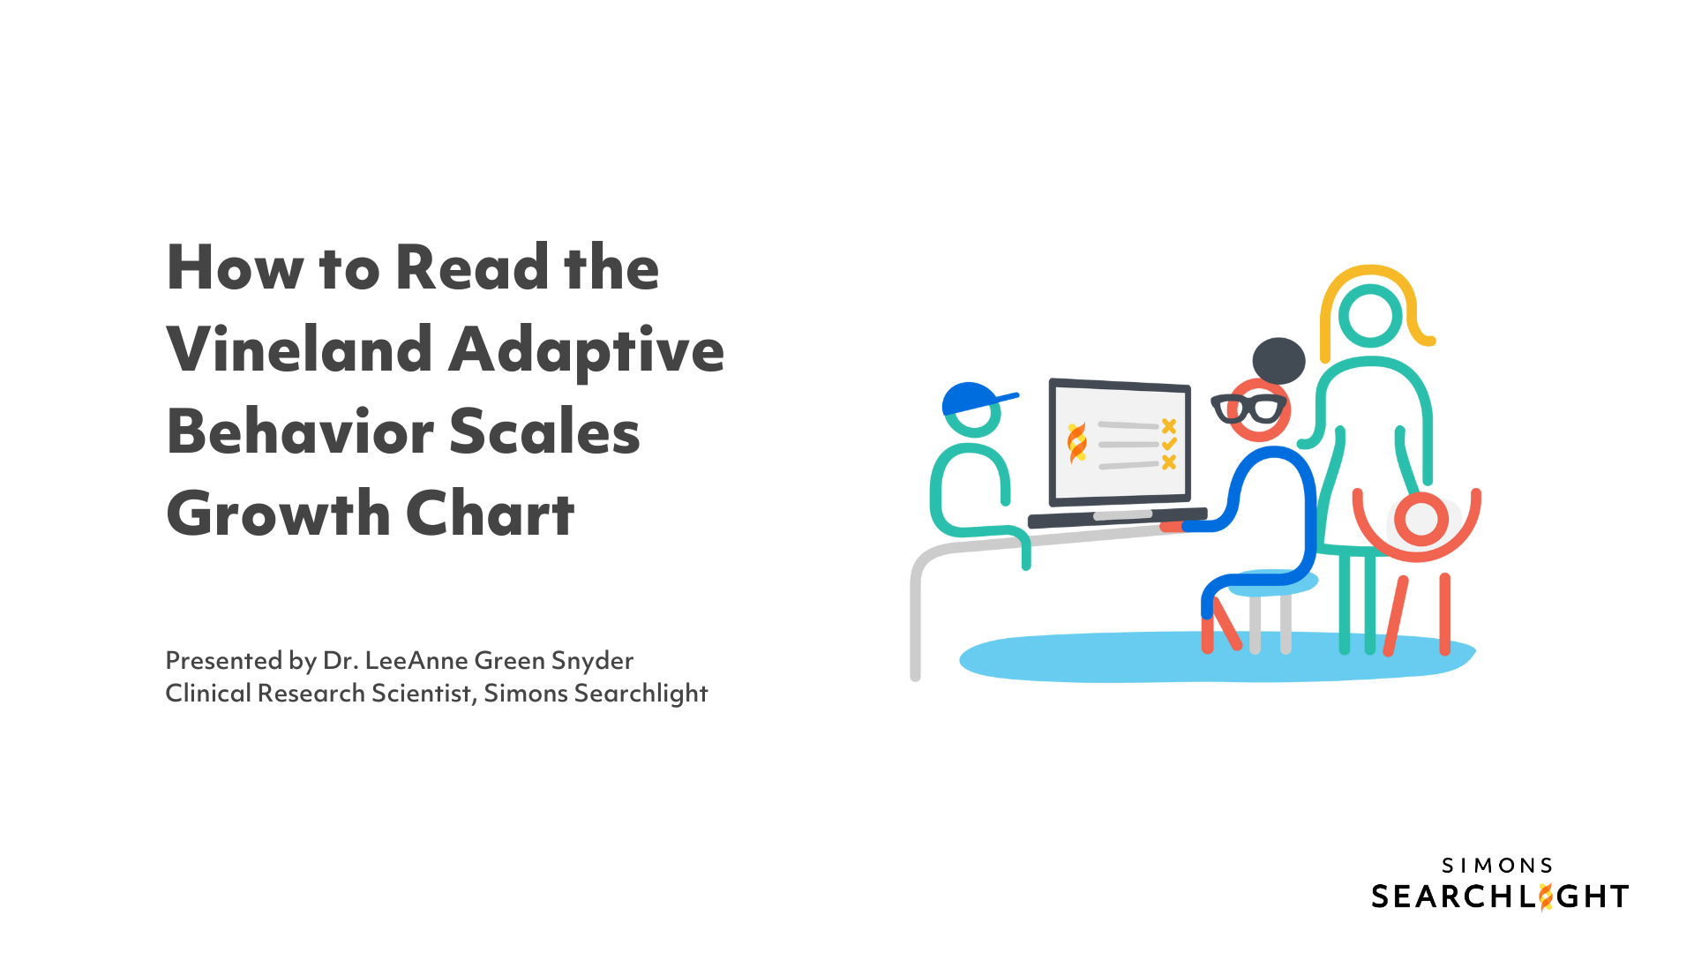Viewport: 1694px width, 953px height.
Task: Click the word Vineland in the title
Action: (300, 349)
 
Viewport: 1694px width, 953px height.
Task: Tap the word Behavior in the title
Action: (300, 431)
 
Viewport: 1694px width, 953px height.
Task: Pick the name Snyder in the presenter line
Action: (592, 662)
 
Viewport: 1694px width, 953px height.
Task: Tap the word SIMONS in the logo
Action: (1497, 866)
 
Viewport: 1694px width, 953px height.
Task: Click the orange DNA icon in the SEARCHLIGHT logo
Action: (1545, 897)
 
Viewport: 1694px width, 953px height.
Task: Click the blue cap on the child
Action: (975, 399)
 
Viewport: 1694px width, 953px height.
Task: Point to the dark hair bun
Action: (1278, 361)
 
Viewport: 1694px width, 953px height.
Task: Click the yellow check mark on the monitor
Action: (1169, 444)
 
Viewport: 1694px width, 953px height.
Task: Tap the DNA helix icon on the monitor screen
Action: (1077, 443)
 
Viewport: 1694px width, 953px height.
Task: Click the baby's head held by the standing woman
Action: (1421, 519)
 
